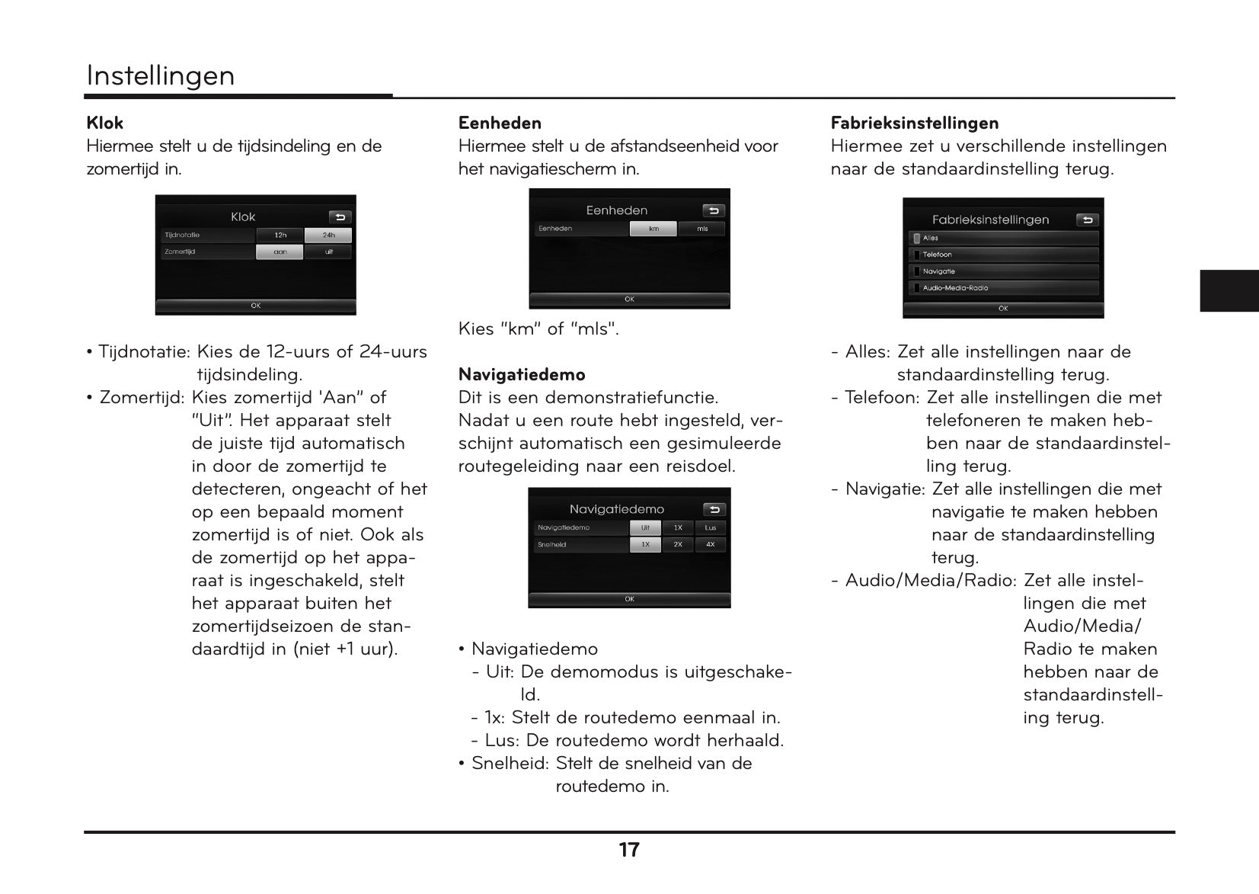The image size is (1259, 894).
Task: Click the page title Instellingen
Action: pos(161,75)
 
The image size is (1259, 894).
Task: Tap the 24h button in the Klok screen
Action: pos(328,236)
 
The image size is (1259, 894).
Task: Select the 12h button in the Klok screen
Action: pos(280,236)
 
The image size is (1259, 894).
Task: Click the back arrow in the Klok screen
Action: pos(340,217)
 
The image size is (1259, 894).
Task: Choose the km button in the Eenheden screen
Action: pos(653,229)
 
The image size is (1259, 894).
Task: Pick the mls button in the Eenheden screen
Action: pos(702,229)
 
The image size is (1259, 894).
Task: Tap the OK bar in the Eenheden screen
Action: pos(629,300)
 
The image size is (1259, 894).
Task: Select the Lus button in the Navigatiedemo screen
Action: pos(711,527)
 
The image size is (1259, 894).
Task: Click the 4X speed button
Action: pos(711,545)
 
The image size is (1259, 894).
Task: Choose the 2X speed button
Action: pos(678,545)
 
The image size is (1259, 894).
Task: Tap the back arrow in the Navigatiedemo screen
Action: pos(714,509)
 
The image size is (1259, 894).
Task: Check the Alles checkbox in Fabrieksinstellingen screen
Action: pos(916,239)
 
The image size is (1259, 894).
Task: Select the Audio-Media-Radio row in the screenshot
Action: pos(1003,288)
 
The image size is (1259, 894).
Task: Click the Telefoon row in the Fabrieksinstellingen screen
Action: pos(1003,255)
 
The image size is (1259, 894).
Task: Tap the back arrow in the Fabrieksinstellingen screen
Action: pos(1087,220)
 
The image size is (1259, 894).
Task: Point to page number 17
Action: pos(629,850)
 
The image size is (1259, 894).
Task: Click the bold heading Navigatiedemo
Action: pos(522,374)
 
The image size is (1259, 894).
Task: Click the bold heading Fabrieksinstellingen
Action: pos(915,123)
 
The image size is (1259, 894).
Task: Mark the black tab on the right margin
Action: pos(1229,290)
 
